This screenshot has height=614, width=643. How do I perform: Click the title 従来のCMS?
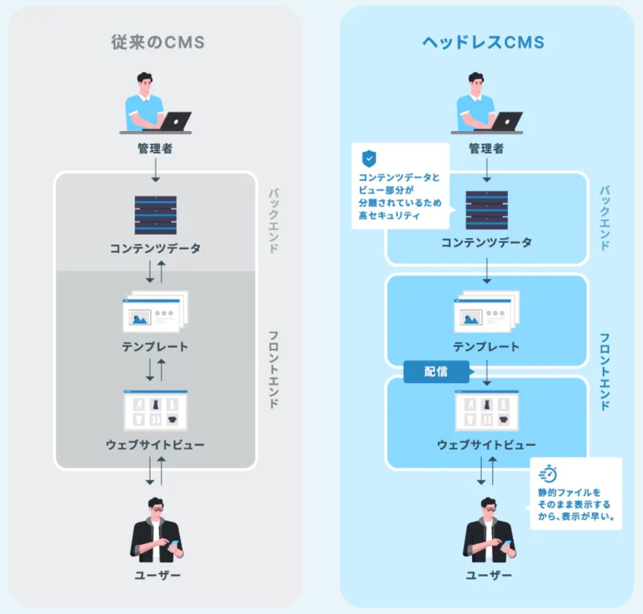(x=157, y=42)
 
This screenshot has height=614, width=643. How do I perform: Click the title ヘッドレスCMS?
(x=483, y=42)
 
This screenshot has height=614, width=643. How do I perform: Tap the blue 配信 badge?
(x=436, y=371)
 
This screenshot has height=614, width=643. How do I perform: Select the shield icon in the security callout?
(x=369, y=158)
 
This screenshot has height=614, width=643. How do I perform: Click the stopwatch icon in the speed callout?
(x=548, y=474)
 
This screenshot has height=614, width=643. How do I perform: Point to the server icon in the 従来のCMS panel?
(x=155, y=215)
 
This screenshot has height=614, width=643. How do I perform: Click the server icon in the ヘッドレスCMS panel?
(x=486, y=210)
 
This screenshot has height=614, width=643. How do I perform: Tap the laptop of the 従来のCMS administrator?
(x=176, y=121)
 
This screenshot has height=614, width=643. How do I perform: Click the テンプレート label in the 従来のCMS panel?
(x=155, y=346)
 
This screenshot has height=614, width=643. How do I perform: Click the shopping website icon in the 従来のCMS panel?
(x=155, y=410)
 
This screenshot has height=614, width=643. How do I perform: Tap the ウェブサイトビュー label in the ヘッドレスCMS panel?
(x=486, y=444)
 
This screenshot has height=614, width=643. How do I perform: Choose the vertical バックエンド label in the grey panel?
(x=273, y=221)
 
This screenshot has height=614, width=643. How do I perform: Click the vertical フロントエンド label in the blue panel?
(x=604, y=371)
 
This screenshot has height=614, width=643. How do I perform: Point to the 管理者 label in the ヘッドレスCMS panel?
(x=486, y=148)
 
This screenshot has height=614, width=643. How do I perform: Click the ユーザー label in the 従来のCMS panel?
(x=157, y=575)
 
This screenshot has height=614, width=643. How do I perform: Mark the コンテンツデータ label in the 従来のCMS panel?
(x=155, y=248)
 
